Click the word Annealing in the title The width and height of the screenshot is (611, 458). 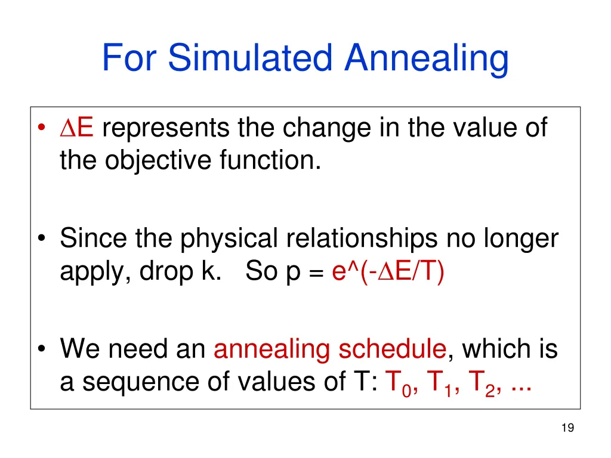tap(427, 58)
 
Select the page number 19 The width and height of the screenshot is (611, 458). tap(567, 427)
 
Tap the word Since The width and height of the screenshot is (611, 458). tap(93, 239)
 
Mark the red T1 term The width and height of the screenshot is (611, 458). tap(440, 382)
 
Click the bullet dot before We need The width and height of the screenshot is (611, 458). tap(43, 349)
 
